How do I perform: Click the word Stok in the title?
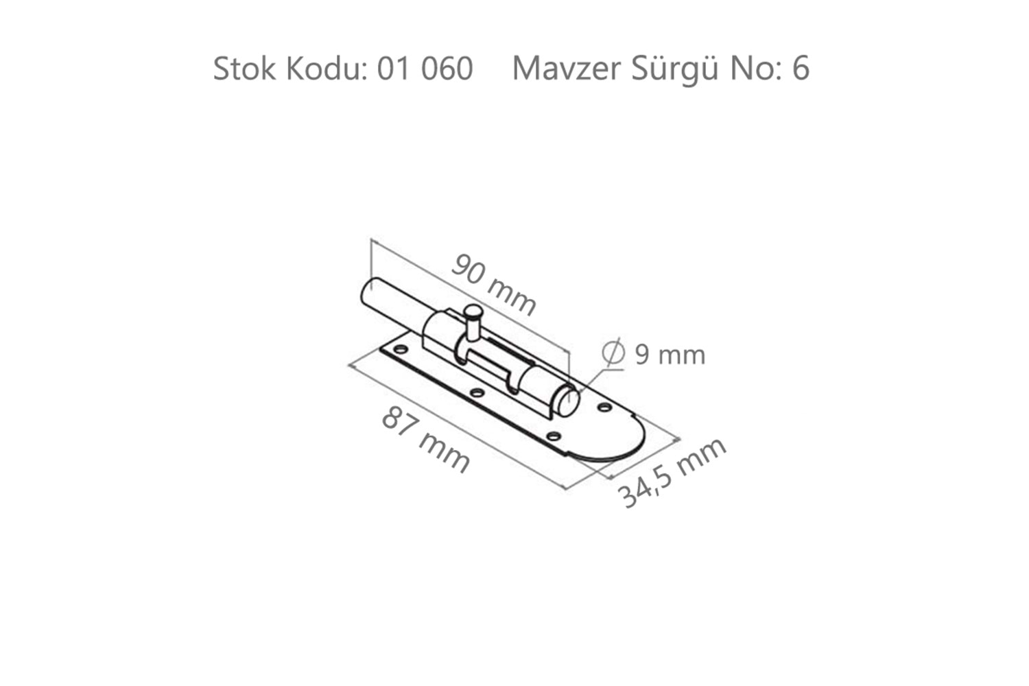244,69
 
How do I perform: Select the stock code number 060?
447,69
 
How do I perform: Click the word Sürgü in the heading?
674,69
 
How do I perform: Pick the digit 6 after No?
800,69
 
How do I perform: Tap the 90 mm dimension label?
493,283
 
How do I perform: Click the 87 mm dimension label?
425,439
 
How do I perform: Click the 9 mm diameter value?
670,355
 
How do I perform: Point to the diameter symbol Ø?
613,353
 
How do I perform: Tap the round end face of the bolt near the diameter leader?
567,401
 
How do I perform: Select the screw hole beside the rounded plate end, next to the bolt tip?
604,407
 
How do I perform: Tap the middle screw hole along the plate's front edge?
477,393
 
